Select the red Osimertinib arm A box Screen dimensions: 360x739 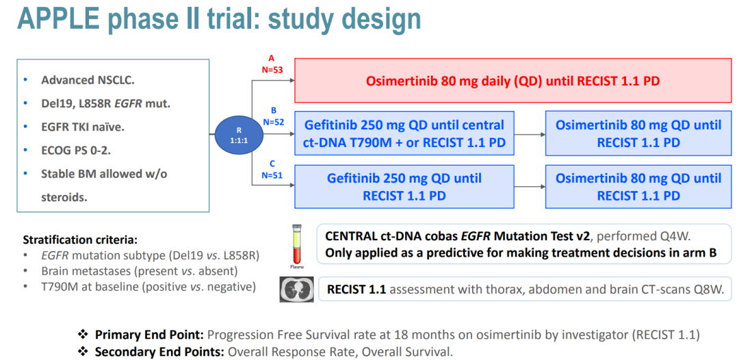pos(513,81)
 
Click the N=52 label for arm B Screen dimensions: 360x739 pos(272,120)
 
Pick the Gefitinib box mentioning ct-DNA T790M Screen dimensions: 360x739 pos(404,133)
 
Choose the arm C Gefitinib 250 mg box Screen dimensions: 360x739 pos(404,187)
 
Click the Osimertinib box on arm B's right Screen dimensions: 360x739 pos(638,133)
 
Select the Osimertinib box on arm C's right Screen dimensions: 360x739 pos(638,187)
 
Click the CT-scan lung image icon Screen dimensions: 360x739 pos(297,289)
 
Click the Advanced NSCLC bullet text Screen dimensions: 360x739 pos(77,80)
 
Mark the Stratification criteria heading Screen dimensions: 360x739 pos(80,240)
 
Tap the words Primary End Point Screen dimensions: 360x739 pos(148,335)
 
